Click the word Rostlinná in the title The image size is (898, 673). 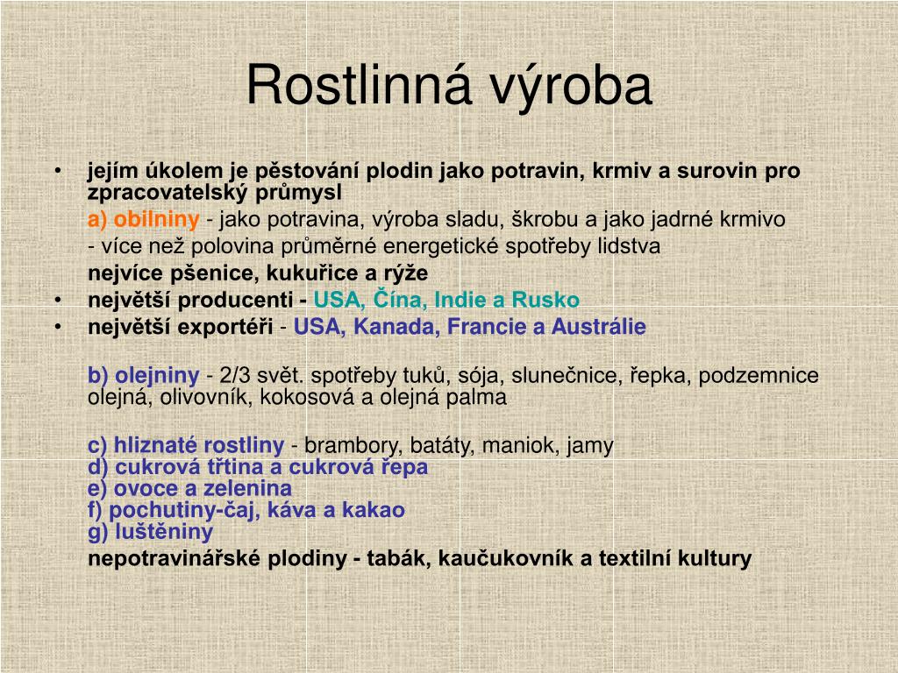pos(359,85)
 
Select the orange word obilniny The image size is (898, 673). pos(156,219)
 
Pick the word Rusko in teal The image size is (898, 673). pos(545,300)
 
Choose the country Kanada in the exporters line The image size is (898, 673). pos(396,327)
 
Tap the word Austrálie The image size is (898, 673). pos(598,327)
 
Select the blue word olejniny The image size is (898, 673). pos(157,376)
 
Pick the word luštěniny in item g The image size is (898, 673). pos(164,532)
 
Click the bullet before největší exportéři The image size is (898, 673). pos(58,327)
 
